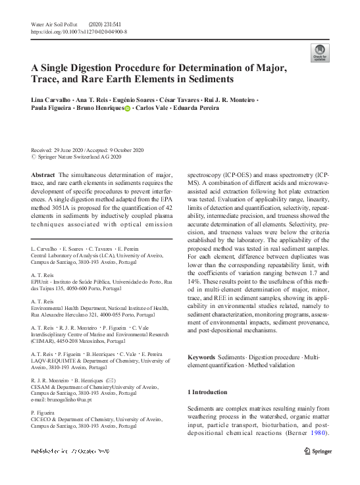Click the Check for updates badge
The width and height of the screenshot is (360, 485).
point(321,53)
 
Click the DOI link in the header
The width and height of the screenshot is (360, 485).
point(79,31)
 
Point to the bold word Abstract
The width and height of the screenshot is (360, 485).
point(43,175)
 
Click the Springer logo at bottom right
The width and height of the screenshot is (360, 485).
point(321,451)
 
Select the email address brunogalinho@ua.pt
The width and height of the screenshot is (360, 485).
point(64,399)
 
